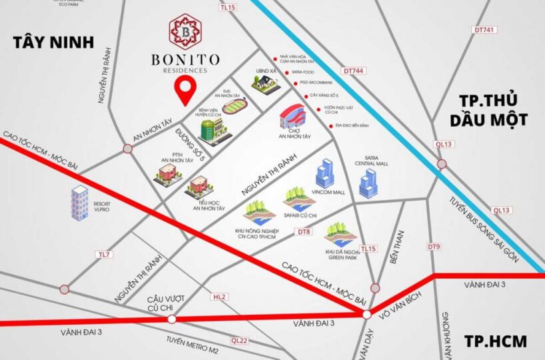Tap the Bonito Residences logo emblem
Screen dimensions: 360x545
[x=187, y=29]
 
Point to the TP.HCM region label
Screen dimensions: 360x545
[x=493, y=341]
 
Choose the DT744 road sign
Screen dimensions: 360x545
[x=353, y=69]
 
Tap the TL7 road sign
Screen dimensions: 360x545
[x=103, y=255]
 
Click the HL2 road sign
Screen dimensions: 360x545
[x=219, y=296]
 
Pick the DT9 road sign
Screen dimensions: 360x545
[x=434, y=247]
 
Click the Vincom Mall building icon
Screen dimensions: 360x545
[x=325, y=174]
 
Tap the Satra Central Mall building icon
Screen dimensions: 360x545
[x=368, y=182]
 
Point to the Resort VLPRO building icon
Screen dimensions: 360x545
[x=80, y=203]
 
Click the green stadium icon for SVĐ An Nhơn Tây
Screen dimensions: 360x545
[x=233, y=106]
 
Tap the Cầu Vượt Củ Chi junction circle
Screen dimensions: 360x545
[x=171, y=319]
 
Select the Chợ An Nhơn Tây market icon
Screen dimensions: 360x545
[x=292, y=119]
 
